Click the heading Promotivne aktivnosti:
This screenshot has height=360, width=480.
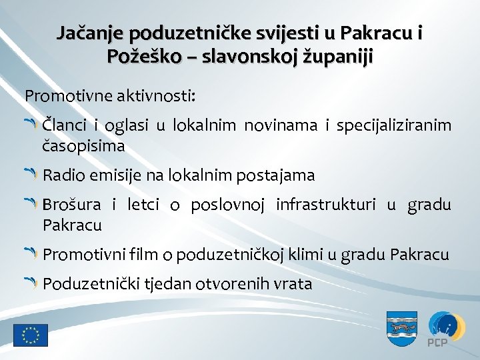(110, 95)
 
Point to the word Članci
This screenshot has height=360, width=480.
(64, 125)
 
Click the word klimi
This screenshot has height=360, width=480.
(302, 255)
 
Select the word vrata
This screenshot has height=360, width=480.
(290, 284)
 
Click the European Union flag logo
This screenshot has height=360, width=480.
(31, 335)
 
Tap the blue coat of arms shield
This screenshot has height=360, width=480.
(402, 328)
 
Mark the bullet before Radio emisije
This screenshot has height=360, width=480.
(32, 175)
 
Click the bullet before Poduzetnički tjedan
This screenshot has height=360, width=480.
(32, 283)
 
